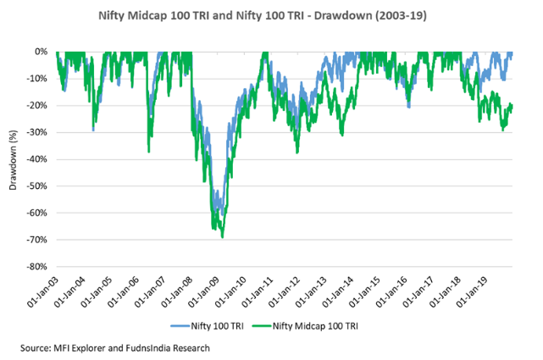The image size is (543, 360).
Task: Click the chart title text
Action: pyautogui.click(x=262, y=16)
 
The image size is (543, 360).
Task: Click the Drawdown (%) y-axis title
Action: pyautogui.click(x=13, y=160)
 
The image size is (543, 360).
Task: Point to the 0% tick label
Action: pyautogui.click(x=41, y=52)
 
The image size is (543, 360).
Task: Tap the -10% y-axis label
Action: pyautogui.click(x=36, y=79)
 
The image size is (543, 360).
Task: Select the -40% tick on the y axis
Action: pyautogui.click(x=36, y=159)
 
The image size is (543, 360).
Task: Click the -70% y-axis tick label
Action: pyautogui.click(x=36, y=240)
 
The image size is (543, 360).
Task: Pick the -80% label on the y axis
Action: pyautogui.click(x=36, y=267)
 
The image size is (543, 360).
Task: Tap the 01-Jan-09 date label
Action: pyautogui.click(x=203, y=291)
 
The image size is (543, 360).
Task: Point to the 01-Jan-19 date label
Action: pyautogui.click(x=472, y=291)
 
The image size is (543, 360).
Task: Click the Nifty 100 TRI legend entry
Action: pyautogui.click(x=207, y=326)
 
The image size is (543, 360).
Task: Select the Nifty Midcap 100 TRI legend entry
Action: pyautogui.click(x=305, y=326)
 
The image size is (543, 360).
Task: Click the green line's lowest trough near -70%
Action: pyautogui.click(x=222, y=237)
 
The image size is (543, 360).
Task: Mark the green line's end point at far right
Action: pyautogui.click(x=512, y=106)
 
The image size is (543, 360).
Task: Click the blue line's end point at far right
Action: pyautogui.click(x=512, y=53)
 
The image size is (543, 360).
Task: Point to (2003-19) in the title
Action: pyautogui.click(x=401, y=16)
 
